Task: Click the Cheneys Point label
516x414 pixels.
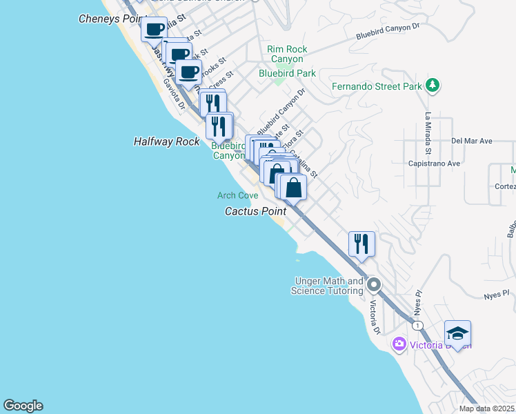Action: pos(110,19)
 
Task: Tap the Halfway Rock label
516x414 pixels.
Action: pos(166,141)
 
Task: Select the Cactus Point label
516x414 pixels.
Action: pos(255,211)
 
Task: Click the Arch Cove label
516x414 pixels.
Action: pos(237,195)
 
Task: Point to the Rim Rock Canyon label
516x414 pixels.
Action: pos(287,54)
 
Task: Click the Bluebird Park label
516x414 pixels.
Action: pos(287,72)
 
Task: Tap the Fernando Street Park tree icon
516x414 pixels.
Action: pos(433,86)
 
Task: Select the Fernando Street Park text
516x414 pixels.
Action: pos(376,87)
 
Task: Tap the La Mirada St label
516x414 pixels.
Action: pos(428,132)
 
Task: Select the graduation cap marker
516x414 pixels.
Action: pos(457,333)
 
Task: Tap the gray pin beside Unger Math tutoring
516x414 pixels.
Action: pos(374,284)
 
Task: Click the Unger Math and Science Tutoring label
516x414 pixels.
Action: pos(328,286)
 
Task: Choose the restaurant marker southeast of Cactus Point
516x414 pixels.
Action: pos(361,244)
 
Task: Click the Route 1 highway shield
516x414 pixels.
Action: pos(417,324)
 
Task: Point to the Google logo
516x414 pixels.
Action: pos(23,406)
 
